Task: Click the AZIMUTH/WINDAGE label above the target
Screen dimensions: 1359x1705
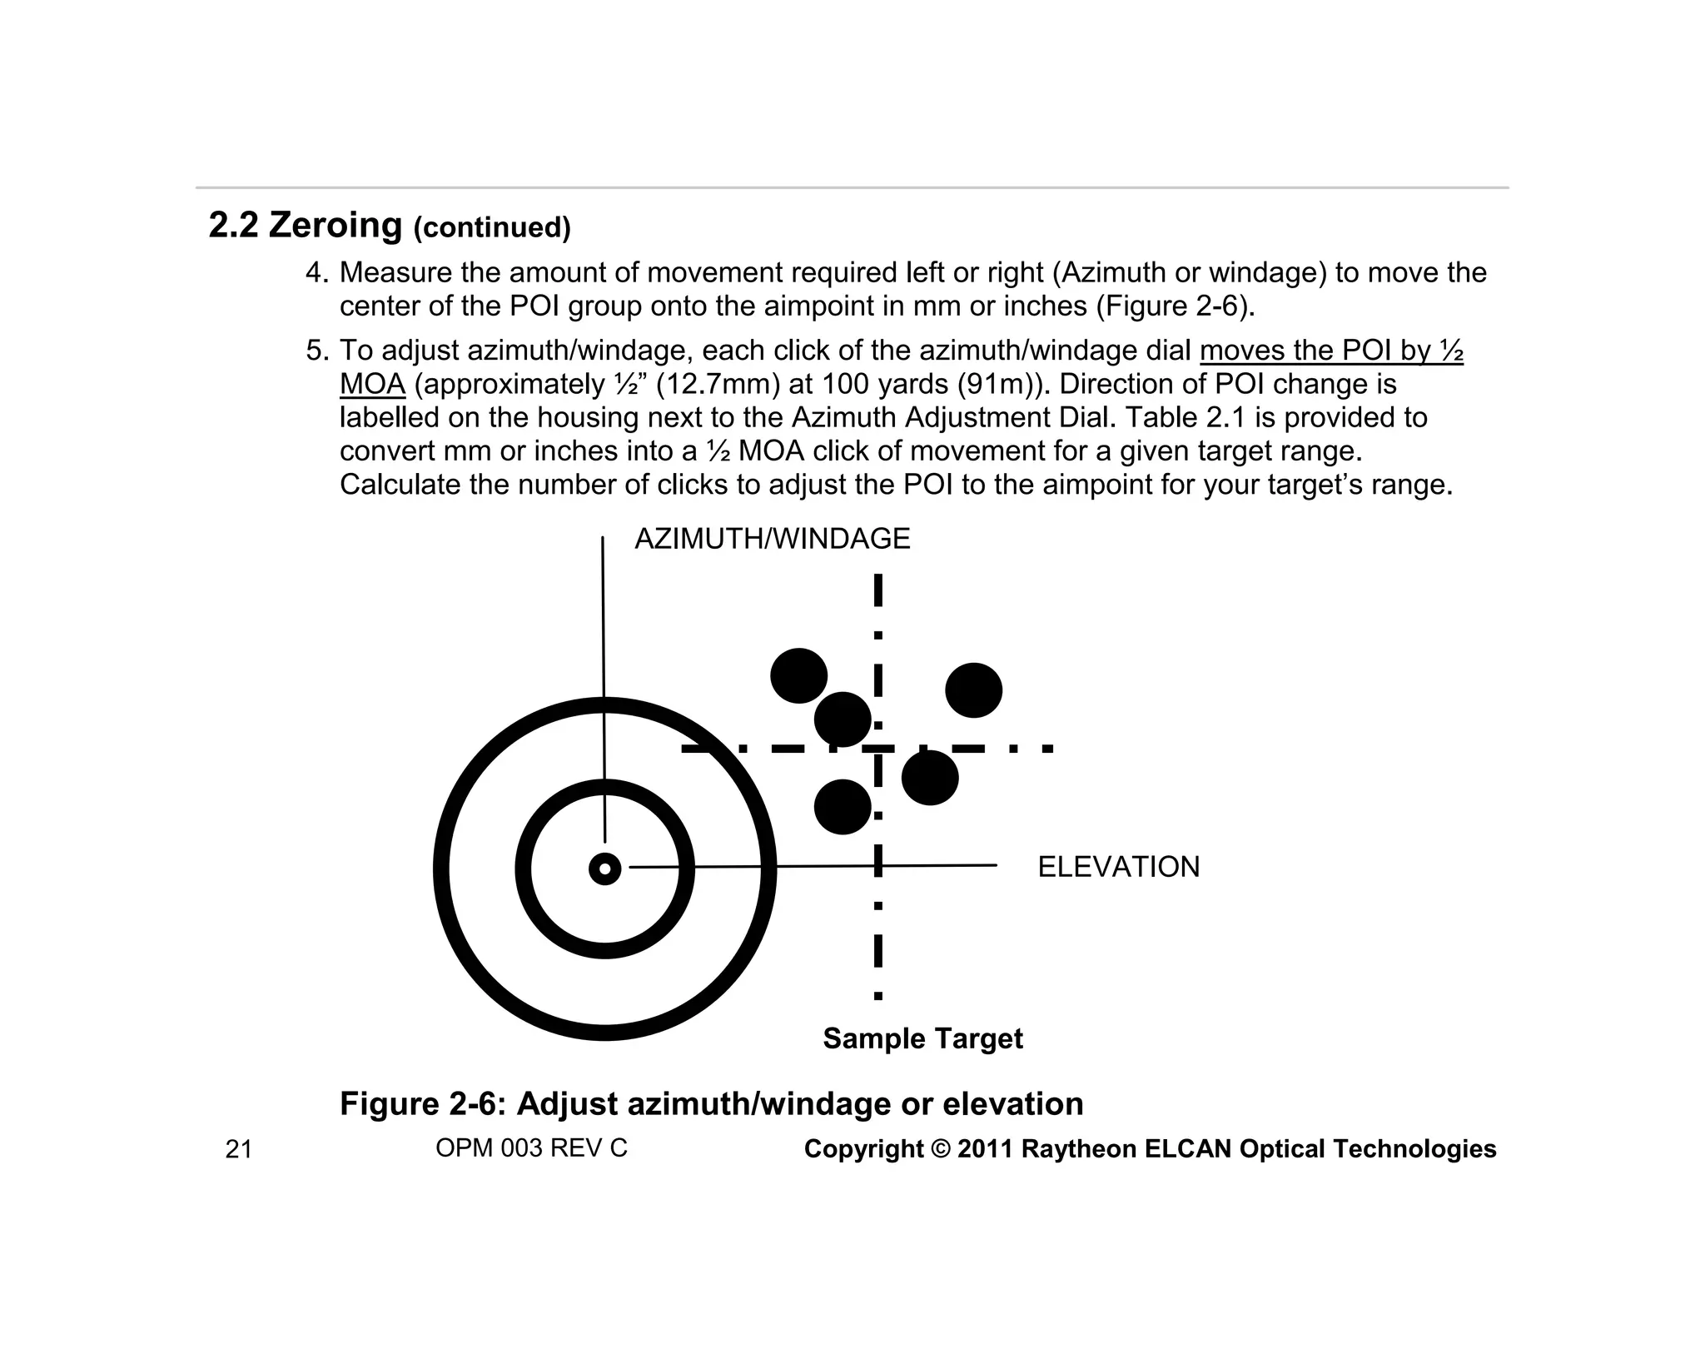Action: [x=772, y=540]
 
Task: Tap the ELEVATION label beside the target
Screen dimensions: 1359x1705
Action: [x=1118, y=868]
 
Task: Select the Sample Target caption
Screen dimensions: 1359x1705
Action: [x=922, y=1038]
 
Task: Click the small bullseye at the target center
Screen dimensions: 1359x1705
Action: [x=604, y=869]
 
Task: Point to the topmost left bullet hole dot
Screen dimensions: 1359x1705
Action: [x=798, y=675]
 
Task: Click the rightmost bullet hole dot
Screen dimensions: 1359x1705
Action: [x=973, y=690]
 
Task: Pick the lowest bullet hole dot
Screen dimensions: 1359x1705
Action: [x=843, y=807]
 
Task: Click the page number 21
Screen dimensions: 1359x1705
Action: [x=238, y=1150]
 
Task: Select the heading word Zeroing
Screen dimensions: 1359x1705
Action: [x=336, y=225]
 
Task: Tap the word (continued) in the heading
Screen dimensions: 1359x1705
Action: [x=492, y=228]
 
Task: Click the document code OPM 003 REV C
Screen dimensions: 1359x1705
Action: [x=531, y=1148]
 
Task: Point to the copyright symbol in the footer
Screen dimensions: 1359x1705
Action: [x=941, y=1149]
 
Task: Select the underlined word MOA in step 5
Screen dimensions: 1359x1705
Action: [x=372, y=385]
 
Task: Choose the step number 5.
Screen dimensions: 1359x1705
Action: [x=316, y=351]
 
